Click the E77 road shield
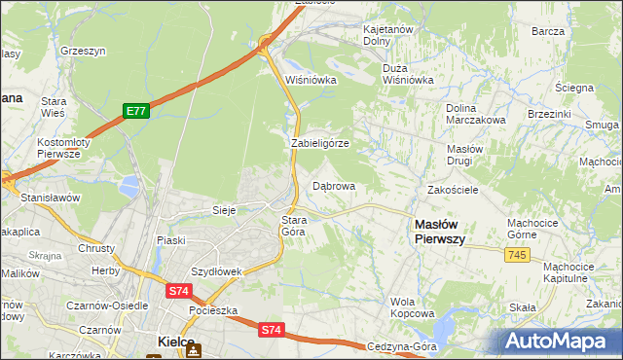coord(135,112)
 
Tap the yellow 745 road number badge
coord(518,254)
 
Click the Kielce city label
coord(177,342)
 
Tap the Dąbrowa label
coord(333,185)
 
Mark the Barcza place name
coord(548,31)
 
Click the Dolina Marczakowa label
coord(475,114)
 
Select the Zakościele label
coord(453,190)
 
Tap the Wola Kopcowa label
coord(412,307)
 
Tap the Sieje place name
coord(225,209)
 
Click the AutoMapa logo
coord(559,341)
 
